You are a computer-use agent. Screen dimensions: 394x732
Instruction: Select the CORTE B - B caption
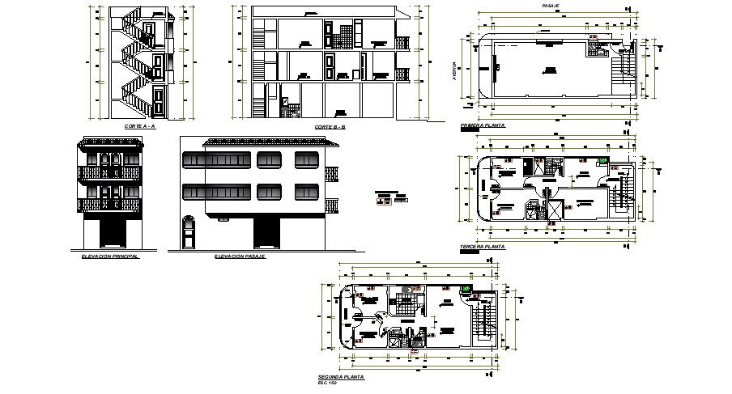330,127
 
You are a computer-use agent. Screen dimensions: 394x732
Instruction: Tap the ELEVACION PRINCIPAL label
110,255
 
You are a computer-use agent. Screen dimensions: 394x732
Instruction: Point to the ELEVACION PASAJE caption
240,256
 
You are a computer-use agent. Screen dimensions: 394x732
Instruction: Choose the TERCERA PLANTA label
483,246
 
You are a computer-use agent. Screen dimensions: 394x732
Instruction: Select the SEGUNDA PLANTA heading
342,377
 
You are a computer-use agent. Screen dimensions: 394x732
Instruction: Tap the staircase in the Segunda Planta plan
487,317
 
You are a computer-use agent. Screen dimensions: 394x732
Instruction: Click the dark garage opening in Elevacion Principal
111,235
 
